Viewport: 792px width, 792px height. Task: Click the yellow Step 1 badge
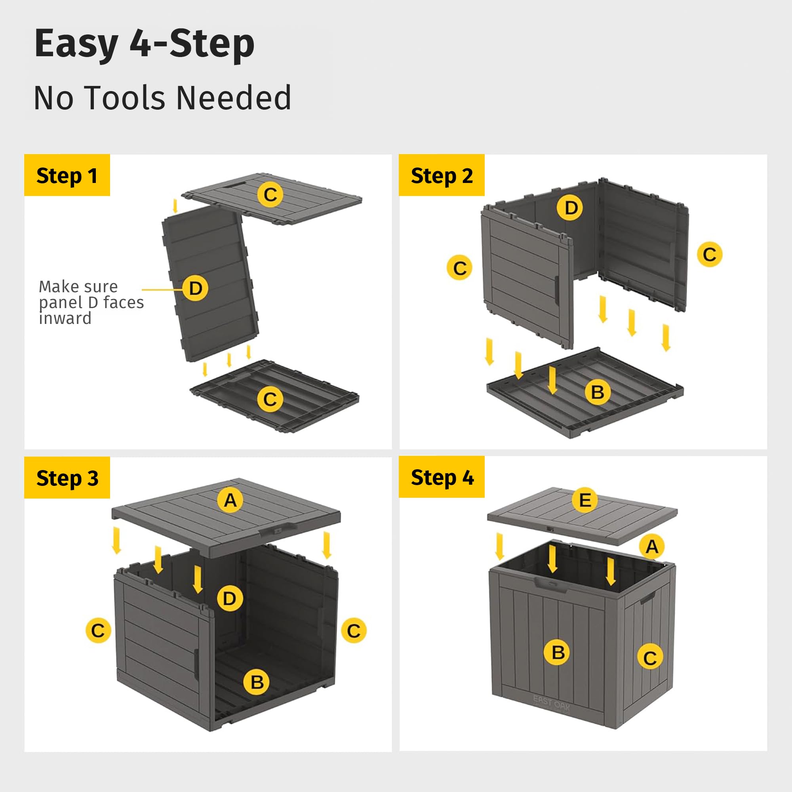(x=67, y=175)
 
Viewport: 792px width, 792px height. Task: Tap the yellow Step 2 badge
(x=442, y=175)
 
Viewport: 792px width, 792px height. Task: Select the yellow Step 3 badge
(x=67, y=478)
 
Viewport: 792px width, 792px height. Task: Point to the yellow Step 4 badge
(x=442, y=477)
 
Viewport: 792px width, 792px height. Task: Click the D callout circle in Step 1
(x=196, y=288)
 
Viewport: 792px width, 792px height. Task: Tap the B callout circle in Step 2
(x=597, y=392)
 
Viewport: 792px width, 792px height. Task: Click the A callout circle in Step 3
(x=230, y=500)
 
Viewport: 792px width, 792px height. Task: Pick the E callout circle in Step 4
(x=584, y=500)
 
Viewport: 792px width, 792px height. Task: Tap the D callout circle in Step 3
(x=230, y=598)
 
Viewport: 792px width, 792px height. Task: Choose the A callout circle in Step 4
(x=652, y=546)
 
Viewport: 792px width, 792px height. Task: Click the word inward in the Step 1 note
(x=65, y=318)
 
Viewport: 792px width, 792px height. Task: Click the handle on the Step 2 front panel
(x=557, y=290)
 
